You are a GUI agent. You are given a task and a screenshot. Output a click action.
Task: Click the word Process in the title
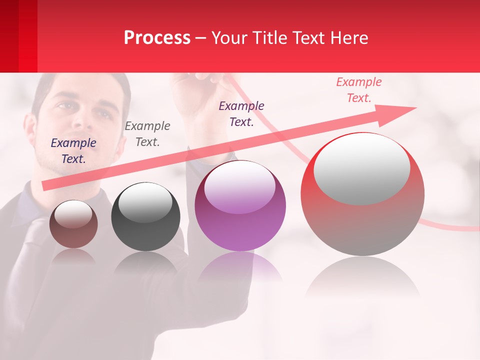click(157, 37)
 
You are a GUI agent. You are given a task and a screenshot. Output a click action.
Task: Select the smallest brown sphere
click(73, 224)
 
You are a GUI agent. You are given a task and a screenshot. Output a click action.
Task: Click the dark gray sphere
click(145, 217)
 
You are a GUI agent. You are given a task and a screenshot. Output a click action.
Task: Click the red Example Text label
click(359, 90)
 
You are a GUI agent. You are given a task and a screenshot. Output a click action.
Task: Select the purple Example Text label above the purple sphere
click(241, 113)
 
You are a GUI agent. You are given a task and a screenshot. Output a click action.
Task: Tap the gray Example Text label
click(147, 133)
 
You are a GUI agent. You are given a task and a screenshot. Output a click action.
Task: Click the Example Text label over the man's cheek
click(73, 151)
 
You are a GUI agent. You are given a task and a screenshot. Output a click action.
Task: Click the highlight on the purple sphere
click(240, 186)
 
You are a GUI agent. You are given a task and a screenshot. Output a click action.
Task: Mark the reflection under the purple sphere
click(240, 267)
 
